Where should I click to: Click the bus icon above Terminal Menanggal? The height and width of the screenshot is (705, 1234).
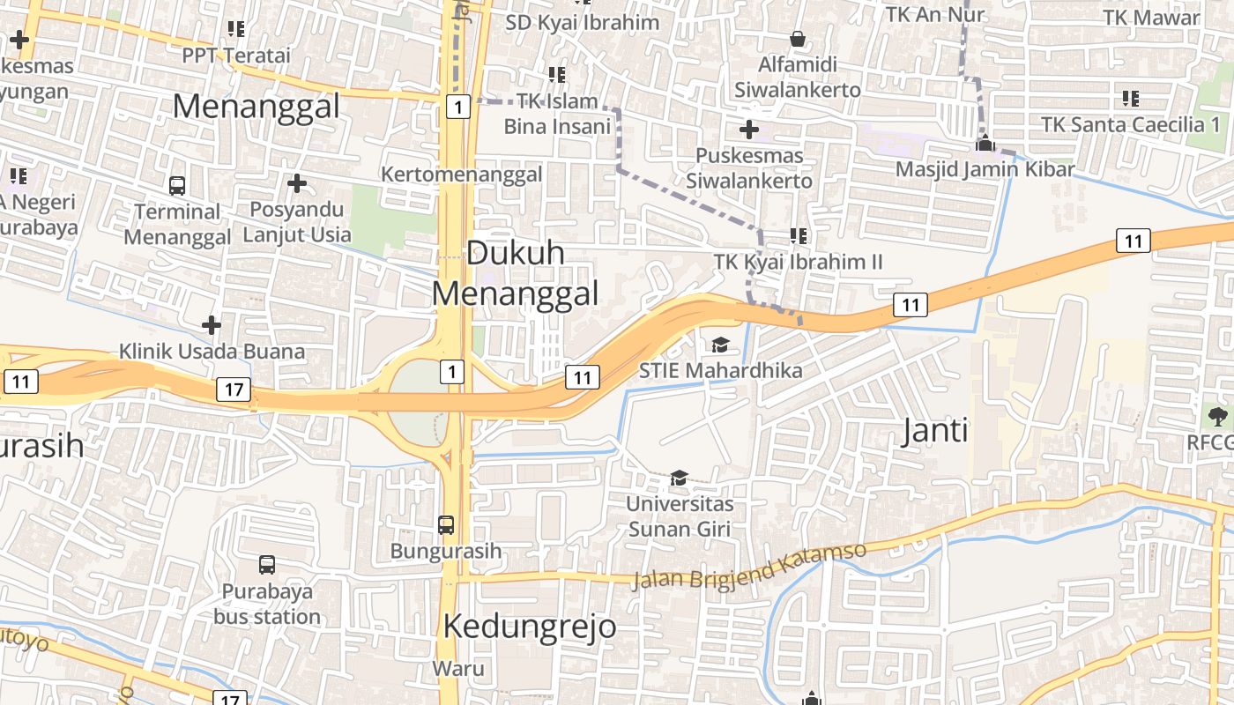177,185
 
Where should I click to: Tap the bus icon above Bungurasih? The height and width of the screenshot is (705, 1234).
446,525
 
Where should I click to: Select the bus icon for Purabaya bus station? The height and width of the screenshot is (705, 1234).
267,564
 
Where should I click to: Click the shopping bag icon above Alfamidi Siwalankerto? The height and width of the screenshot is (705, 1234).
798,39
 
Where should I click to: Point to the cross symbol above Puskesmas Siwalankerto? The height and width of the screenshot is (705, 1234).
748,130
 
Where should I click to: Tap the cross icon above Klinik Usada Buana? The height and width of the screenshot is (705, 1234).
212,325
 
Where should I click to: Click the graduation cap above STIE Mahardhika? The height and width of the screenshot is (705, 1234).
720,345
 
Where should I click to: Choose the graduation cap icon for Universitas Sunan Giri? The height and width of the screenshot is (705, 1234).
679,478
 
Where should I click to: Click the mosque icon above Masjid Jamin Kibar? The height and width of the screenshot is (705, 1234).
985,144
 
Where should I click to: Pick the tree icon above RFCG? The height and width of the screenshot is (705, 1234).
1217,416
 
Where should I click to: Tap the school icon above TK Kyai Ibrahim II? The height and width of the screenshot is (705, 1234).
799,235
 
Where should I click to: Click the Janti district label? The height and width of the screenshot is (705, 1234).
936,430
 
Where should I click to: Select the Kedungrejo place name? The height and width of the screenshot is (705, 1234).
529,627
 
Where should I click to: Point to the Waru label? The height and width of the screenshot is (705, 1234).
458,668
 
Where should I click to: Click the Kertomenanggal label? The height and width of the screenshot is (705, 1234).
461,174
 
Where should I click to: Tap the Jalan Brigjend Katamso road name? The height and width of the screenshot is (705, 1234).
749,567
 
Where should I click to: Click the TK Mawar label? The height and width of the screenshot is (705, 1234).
1151,18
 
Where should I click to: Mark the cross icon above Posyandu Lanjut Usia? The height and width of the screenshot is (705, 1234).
297,183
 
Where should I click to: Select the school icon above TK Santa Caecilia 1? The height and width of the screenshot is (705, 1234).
1131,99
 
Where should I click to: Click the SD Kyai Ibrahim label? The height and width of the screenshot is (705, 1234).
582,22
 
